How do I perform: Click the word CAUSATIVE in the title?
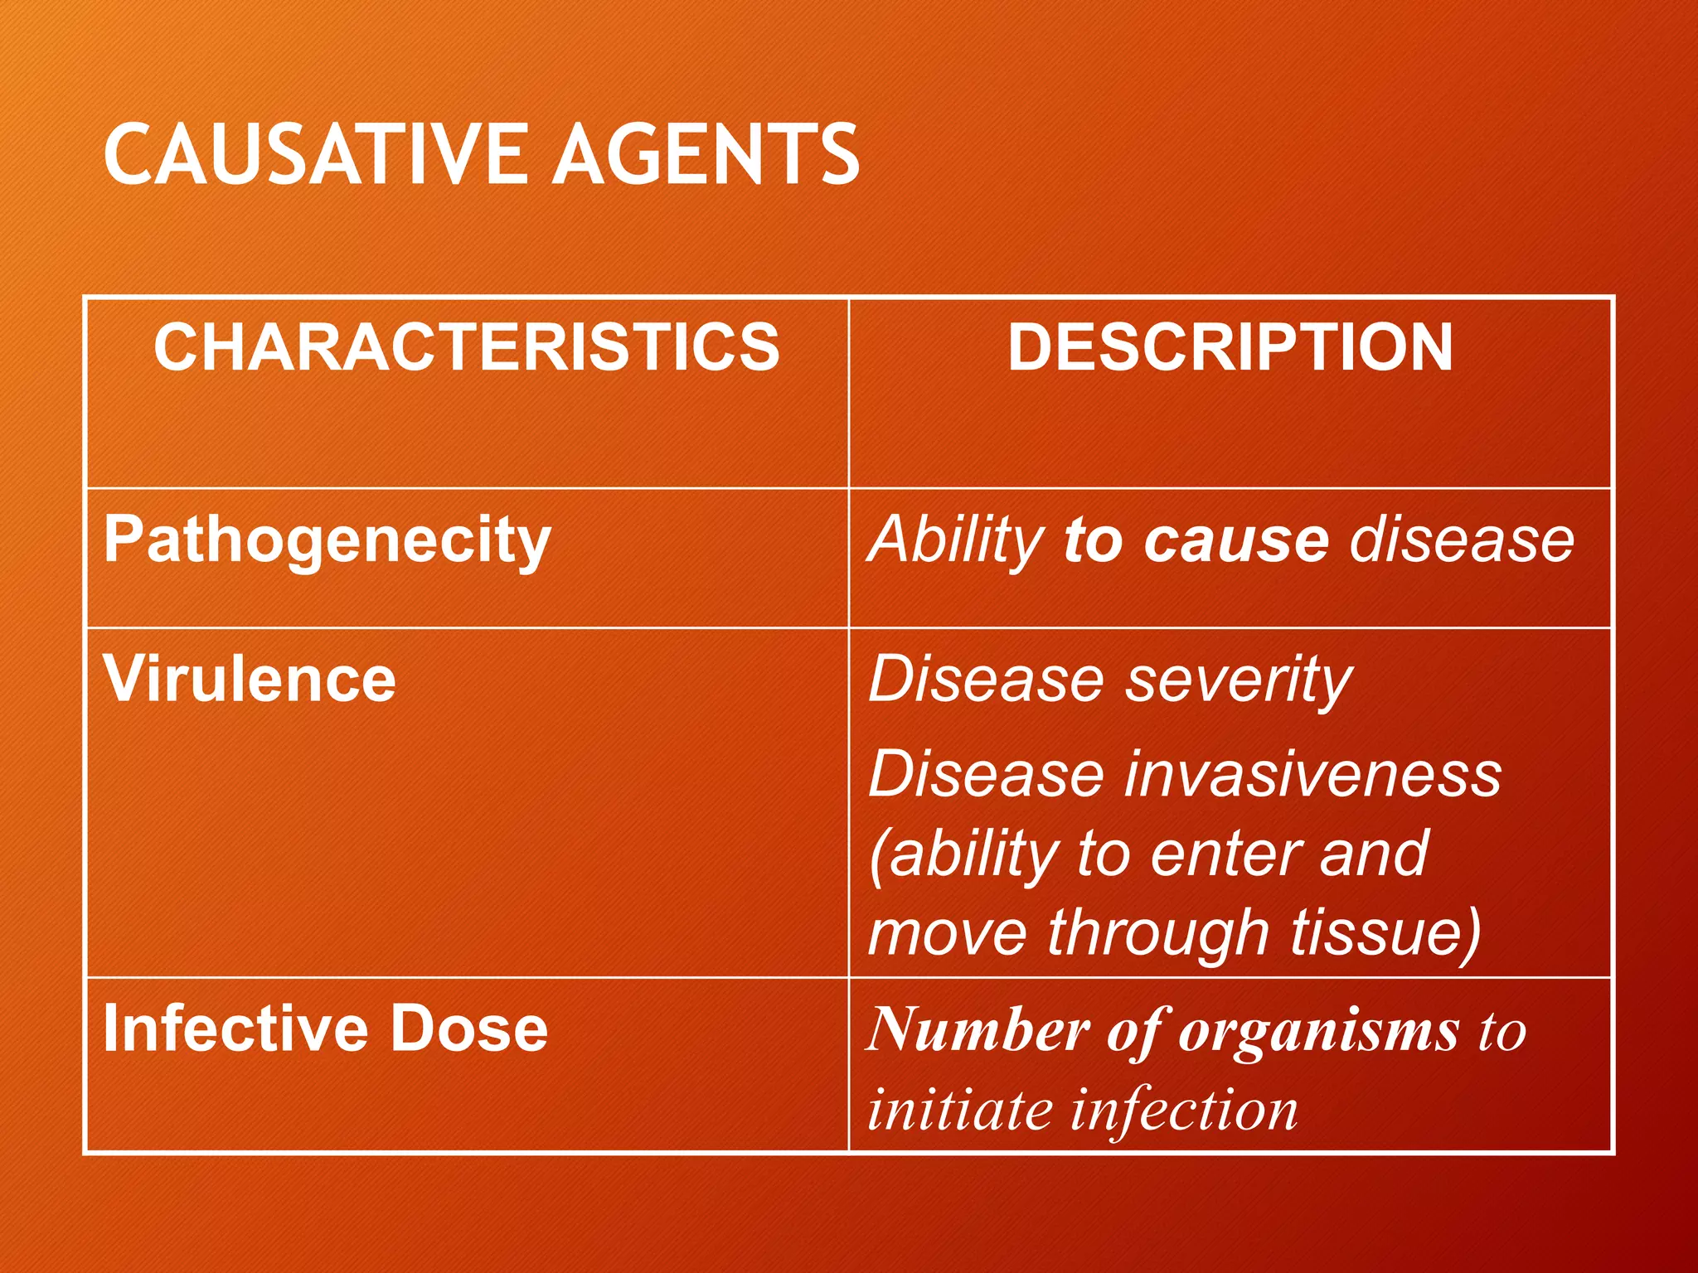click(x=314, y=155)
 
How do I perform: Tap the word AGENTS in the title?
click(x=706, y=155)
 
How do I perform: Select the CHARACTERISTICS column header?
click(x=467, y=347)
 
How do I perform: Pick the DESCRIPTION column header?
click(x=1230, y=347)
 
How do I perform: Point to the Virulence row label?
click(x=250, y=680)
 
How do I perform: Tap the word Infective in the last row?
click(x=235, y=1029)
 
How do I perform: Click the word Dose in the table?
click(x=469, y=1029)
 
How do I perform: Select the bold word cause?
click(x=1236, y=541)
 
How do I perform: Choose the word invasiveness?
click(x=1314, y=775)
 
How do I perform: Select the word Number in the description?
click(x=978, y=1030)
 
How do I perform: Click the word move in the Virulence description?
click(x=947, y=933)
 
